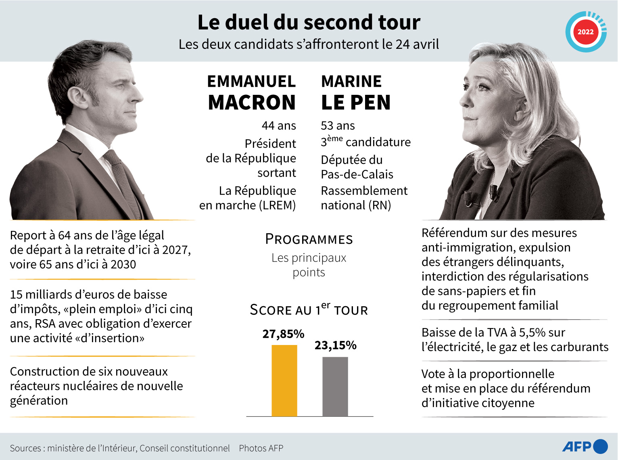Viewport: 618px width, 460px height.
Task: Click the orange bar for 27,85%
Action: click(x=284, y=381)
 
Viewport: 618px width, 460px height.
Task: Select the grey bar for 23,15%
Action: click(x=335, y=387)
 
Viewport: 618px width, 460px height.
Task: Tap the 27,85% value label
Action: click(x=283, y=334)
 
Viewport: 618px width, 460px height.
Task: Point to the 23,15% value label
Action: click(x=336, y=345)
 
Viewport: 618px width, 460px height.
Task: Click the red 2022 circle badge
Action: click(x=586, y=32)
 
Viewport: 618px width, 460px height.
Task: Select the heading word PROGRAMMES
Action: click(x=309, y=239)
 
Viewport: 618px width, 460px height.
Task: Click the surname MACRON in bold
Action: click(x=252, y=102)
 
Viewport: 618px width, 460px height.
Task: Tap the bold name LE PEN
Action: click(x=356, y=102)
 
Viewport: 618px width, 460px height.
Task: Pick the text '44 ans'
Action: click(x=279, y=126)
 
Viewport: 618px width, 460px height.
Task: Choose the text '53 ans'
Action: click(x=338, y=126)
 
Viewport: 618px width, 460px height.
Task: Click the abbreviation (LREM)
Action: click(x=277, y=205)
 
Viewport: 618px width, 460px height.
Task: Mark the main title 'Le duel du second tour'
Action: click(x=309, y=22)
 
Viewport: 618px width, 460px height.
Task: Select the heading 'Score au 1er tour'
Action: click(x=309, y=309)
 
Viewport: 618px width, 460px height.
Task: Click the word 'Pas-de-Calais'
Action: click(x=357, y=175)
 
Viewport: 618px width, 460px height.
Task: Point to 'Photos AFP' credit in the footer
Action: click(x=261, y=448)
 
